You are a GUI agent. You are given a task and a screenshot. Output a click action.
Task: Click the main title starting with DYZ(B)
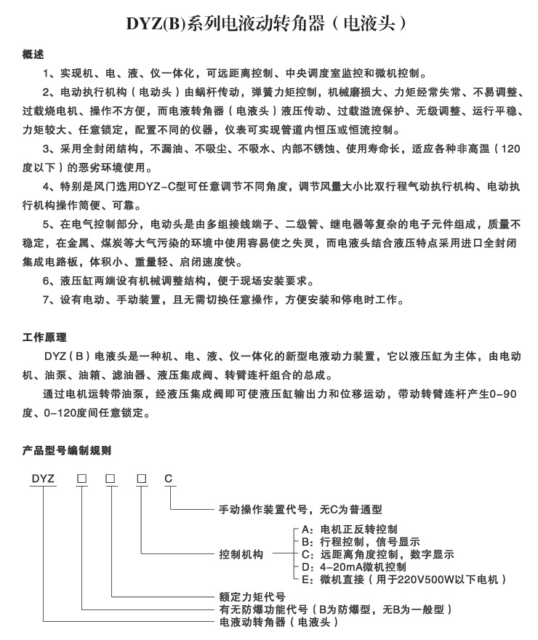click(268, 24)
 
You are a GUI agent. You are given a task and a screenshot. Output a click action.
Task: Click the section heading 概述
click(33, 55)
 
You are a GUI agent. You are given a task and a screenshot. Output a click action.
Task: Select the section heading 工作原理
click(44, 337)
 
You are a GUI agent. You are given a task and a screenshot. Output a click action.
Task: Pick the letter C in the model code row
click(169, 478)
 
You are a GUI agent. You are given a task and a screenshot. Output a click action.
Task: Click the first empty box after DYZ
click(82, 478)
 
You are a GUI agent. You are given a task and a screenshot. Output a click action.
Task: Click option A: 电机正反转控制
click(349, 529)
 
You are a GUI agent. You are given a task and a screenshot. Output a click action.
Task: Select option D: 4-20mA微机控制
click(353, 567)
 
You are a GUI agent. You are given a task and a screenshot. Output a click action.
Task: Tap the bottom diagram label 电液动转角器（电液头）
click(278, 623)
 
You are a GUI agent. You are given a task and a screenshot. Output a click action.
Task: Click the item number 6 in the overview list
click(47, 281)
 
